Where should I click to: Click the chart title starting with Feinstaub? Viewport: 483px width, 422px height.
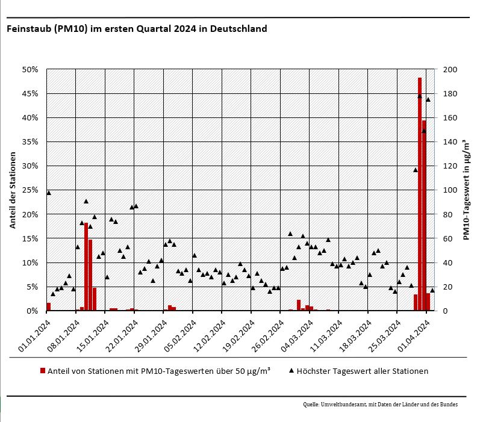pos(137,28)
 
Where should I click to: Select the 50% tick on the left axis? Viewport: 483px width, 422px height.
pos(30,70)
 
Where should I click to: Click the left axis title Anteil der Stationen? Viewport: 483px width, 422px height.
pos(12,190)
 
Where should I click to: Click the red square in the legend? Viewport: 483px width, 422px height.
pos(43,371)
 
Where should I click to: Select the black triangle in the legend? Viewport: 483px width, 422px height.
pos(291,371)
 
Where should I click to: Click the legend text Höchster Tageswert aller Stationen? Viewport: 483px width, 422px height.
pos(363,371)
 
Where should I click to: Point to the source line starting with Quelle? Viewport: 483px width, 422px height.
pos(380,405)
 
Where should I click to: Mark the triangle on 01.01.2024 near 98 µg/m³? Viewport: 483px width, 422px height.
pos(49,193)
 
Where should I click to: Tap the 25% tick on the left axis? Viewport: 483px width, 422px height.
pos(30,190)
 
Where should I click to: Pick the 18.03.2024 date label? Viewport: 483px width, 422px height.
pos(352,336)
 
